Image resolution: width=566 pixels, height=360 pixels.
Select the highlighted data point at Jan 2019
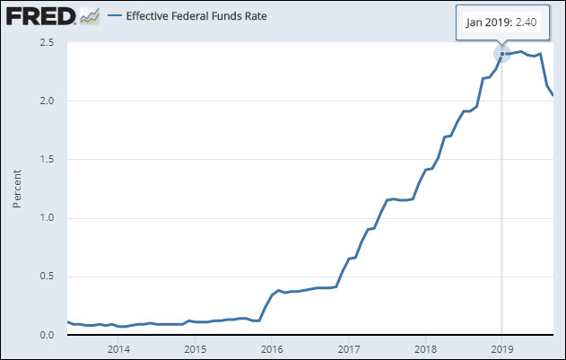tap(501, 54)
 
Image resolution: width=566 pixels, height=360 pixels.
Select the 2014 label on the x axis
tap(118, 348)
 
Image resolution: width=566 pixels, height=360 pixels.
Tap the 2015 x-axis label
tap(195, 348)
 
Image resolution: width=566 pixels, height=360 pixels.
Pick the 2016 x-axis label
tap(271, 348)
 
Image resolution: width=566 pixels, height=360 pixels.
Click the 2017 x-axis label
tap(348, 348)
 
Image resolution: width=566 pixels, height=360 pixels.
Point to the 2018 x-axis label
tap(424, 348)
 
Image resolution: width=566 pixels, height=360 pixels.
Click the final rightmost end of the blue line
tap(553, 95)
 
